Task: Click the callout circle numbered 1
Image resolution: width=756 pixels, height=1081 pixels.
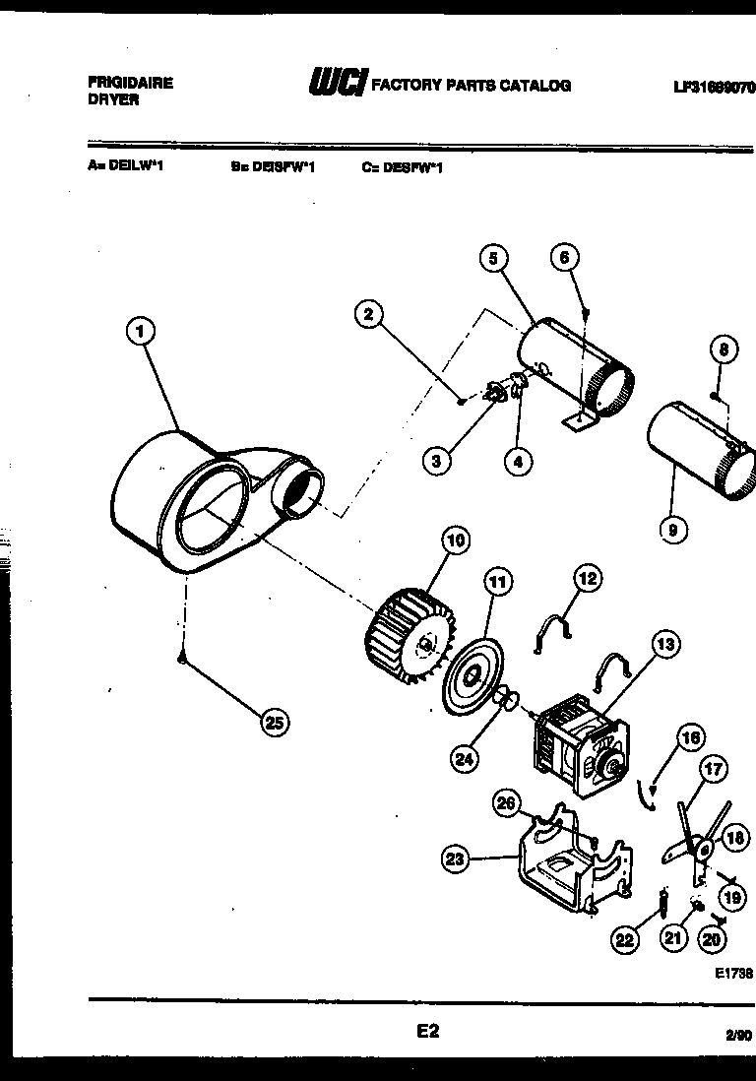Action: click(141, 331)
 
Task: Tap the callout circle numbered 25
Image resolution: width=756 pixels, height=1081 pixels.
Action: click(274, 723)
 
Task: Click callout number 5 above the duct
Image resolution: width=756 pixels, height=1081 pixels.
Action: click(495, 258)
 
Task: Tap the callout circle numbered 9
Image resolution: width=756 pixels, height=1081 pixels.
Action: click(671, 531)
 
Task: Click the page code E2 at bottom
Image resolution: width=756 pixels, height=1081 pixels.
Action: click(427, 1031)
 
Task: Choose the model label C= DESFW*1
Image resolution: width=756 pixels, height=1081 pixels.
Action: click(402, 167)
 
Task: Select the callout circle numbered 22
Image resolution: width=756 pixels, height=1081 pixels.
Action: click(624, 939)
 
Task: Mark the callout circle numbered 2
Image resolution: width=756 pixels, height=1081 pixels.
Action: click(367, 314)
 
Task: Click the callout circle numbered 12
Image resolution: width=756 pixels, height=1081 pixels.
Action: click(587, 579)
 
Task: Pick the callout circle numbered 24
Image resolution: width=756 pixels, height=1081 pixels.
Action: click(465, 757)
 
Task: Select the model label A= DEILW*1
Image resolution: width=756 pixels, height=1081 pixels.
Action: click(125, 167)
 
